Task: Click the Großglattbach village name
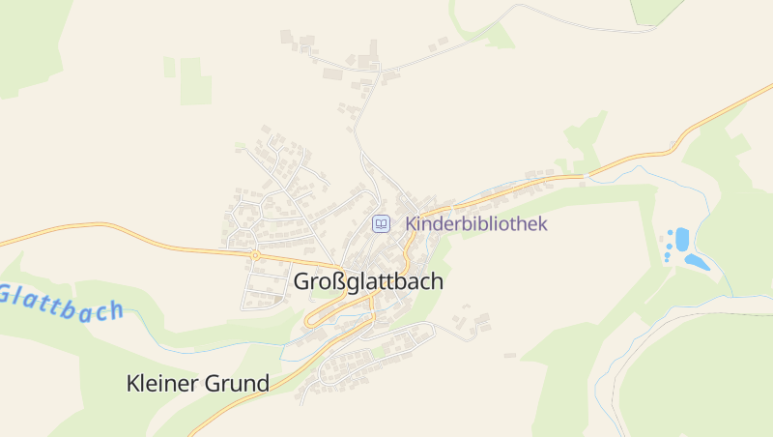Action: click(368, 282)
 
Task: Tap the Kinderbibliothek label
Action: click(476, 224)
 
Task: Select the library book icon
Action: click(382, 224)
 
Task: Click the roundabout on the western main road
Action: click(255, 255)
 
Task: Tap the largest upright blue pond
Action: click(682, 238)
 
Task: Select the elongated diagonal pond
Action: click(695, 261)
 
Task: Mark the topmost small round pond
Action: click(669, 235)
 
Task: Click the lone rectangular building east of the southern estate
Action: click(510, 355)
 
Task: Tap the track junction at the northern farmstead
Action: click(382, 73)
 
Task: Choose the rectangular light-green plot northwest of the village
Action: click(194, 81)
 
